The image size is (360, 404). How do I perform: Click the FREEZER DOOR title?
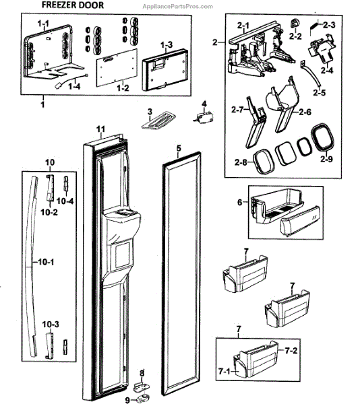coord(73,5)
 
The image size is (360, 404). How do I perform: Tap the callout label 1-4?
coord(74,86)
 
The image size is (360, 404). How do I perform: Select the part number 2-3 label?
coord(329,25)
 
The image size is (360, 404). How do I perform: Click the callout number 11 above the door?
coord(101,129)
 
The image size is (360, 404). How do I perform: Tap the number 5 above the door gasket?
coord(179,148)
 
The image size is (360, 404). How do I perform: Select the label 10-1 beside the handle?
coord(46,262)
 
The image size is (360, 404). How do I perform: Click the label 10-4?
coord(65,201)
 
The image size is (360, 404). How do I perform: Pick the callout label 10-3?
coord(51,324)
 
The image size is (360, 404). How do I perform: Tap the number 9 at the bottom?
coord(127,400)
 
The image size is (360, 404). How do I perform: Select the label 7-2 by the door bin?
coord(291,350)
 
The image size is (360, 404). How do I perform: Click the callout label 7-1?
coord(224,371)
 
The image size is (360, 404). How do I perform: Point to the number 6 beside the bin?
coord(240,202)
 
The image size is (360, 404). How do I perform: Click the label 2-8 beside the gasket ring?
coord(241,162)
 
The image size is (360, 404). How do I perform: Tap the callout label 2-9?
coord(326,159)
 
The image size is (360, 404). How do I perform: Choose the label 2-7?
coord(237,110)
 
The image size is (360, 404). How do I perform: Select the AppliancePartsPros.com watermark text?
coord(178,6)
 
